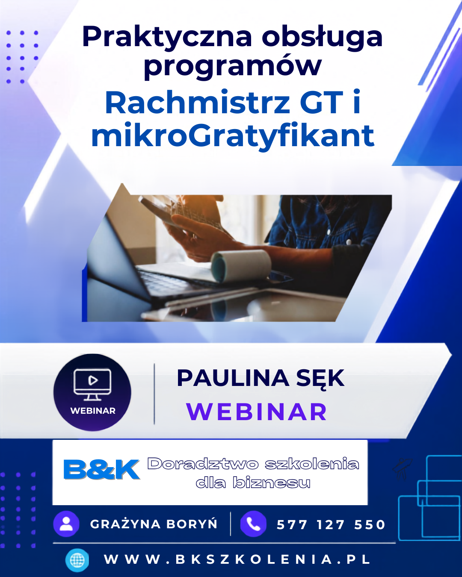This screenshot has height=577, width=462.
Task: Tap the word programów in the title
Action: (x=232, y=67)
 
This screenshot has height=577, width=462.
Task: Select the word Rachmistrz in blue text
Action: (x=197, y=103)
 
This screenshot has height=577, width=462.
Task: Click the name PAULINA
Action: (x=233, y=378)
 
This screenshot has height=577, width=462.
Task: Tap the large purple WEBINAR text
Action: (x=256, y=412)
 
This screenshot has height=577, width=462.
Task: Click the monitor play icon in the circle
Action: (x=92, y=385)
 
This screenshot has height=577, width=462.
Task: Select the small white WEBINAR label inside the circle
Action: (x=93, y=411)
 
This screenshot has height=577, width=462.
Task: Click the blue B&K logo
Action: (x=101, y=469)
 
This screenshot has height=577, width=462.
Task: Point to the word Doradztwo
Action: (x=203, y=464)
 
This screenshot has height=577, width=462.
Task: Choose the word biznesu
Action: (x=271, y=483)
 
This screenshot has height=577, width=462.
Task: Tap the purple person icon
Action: (x=66, y=524)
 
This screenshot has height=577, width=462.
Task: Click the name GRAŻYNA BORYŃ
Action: (x=154, y=524)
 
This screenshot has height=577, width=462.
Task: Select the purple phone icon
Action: (x=253, y=524)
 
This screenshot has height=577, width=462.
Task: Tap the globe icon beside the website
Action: (x=77, y=560)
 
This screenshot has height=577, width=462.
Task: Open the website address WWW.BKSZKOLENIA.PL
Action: (x=237, y=559)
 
